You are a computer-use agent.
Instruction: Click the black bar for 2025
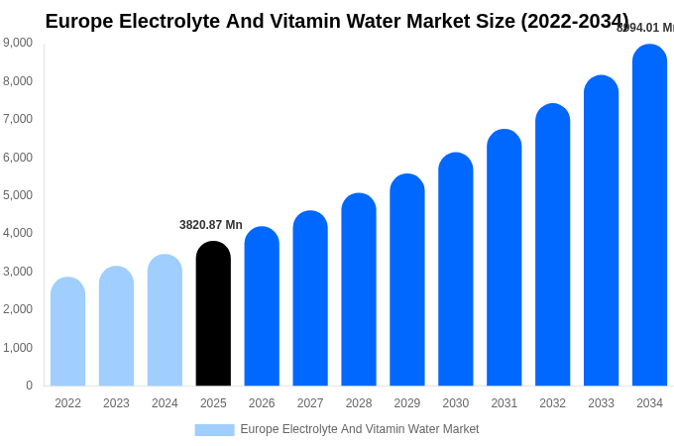[x=213, y=314]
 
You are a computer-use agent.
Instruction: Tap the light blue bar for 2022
[x=67, y=332]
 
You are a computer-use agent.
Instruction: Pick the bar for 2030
[x=456, y=270]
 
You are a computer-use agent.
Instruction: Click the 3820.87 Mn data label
[x=211, y=225]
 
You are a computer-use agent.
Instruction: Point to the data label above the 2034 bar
[x=645, y=28]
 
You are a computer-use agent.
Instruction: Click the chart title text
[x=337, y=21]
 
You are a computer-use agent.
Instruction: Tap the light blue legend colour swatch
[x=214, y=430]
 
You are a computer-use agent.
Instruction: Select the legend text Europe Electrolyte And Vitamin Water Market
[x=360, y=429]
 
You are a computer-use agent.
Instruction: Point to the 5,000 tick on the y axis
[x=17, y=195]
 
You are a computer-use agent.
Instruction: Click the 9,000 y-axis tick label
[x=17, y=43]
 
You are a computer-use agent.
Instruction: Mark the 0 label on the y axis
[x=29, y=386]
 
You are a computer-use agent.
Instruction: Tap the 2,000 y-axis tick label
[x=17, y=309]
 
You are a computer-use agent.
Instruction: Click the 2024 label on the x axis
[x=165, y=403]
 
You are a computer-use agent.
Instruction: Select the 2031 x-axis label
[x=504, y=403]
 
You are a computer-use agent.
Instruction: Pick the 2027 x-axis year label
[x=310, y=403]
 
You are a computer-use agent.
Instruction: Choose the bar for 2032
[x=552, y=245]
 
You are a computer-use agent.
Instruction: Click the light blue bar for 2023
[x=116, y=326]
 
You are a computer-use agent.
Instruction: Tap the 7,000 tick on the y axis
[x=17, y=119]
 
